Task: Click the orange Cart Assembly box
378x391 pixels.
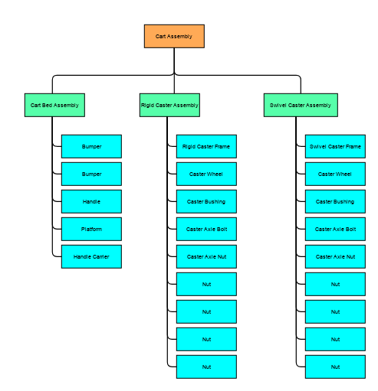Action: tap(174, 36)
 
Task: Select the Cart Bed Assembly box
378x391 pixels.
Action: tap(54, 105)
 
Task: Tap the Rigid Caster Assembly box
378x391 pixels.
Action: tap(169, 105)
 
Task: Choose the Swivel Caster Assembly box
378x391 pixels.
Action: tap(301, 105)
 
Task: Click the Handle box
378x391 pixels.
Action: tap(91, 201)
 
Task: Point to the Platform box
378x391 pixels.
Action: tap(91, 229)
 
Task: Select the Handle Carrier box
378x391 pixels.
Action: tap(91, 256)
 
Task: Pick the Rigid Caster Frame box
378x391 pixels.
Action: tap(206, 146)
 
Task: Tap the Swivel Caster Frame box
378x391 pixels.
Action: tap(335, 146)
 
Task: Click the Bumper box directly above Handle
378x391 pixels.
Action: tap(91, 174)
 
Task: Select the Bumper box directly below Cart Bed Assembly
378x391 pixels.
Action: tap(91, 146)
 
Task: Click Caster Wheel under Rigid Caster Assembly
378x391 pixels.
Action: tap(206, 174)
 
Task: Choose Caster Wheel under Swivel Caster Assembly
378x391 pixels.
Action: tap(335, 174)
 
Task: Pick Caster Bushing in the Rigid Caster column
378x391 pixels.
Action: tap(206, 201)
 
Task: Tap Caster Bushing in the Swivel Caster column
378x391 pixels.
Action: tap(335, 201)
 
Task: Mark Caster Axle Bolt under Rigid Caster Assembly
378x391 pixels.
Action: tap(206, 229)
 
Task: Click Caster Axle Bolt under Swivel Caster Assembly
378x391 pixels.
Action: tap(335, 229)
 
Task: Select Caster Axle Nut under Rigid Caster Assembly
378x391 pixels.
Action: tap(206, 256)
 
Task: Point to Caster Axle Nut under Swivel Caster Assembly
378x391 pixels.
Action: tap(335, 256)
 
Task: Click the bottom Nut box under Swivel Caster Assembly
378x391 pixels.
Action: tap(335, 367)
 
